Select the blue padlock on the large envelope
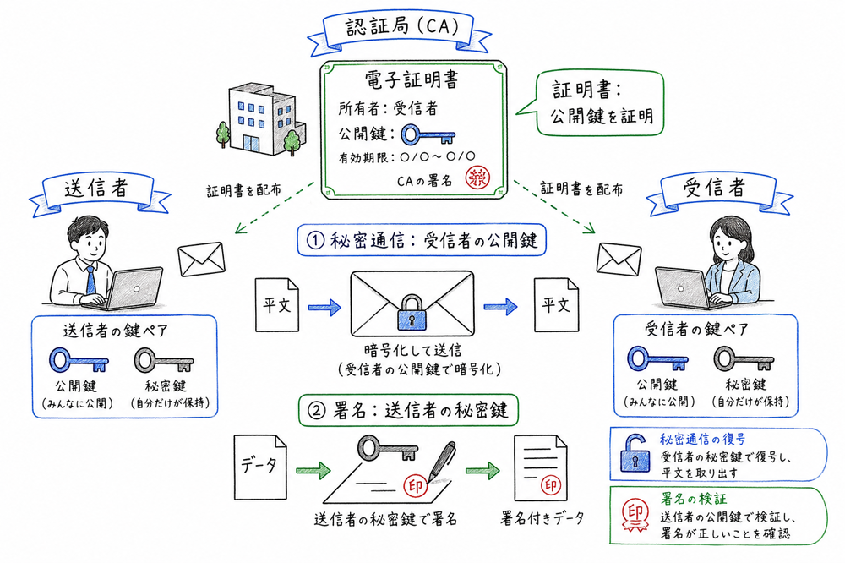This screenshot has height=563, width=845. click(410, 314)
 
